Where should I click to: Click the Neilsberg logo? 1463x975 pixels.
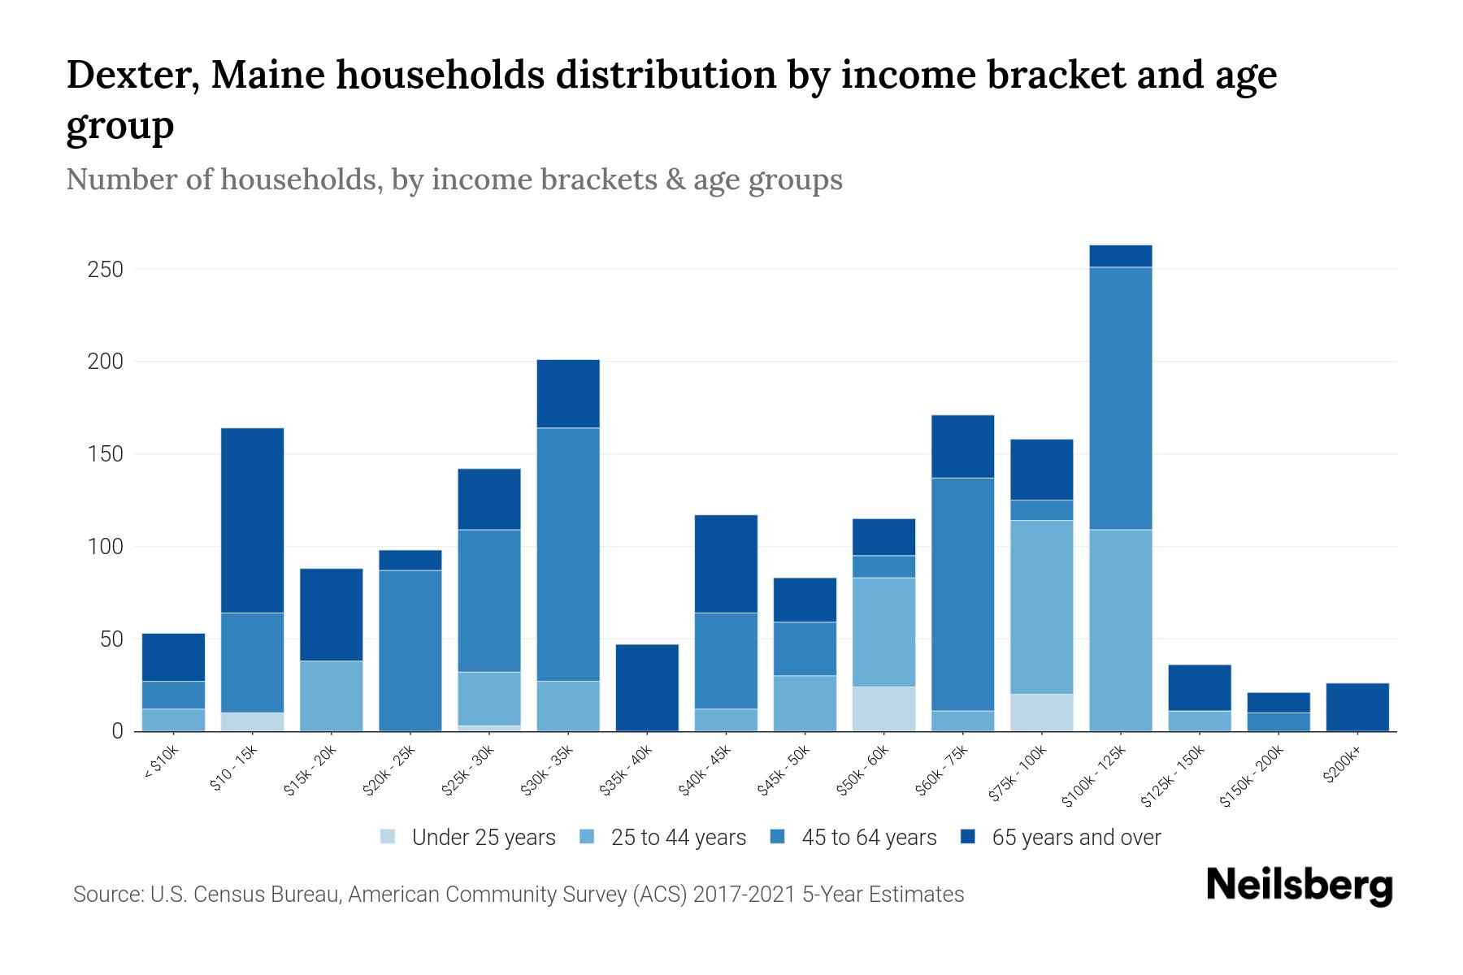(1299, 886)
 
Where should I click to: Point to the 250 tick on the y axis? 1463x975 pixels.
(105, 269)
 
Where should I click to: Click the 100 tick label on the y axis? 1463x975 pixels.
(105, 547)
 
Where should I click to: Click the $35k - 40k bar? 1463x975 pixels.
(647, 687)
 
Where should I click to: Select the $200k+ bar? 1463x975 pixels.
(1357, 707)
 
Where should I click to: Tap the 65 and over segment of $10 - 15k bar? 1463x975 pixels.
(252, 520)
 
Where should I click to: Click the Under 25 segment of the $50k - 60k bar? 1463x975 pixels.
(883, 708)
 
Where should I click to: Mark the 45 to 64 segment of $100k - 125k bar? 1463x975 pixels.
(1121, 398)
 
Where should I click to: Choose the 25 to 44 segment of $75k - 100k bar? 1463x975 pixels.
(1041, 607)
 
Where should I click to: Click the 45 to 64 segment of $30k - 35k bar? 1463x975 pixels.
(568, 554)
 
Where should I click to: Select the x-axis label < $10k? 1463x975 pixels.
(162, 763)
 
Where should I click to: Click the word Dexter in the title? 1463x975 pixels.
(132, 75)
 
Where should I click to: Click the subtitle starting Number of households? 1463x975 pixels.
(454, 180)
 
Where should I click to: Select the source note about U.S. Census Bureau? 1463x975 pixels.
(518, 895)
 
